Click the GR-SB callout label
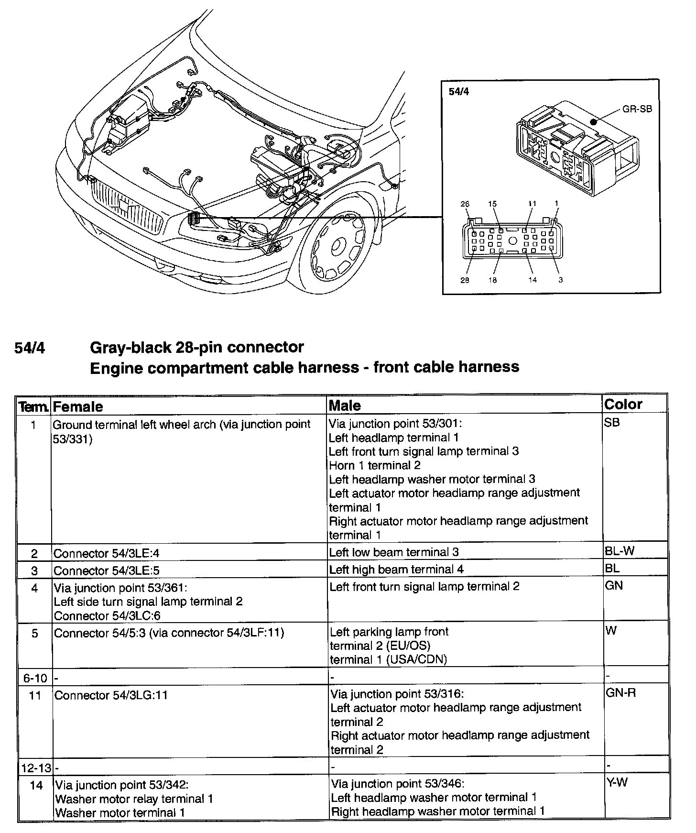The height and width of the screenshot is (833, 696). click(x=637, y=109)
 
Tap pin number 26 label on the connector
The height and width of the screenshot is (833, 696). click(x=465, y=204)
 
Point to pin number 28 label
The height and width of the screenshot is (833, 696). click(x=465, y=280)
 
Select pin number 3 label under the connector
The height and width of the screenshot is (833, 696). click(x=561, y=280)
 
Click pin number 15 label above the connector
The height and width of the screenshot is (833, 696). click(x=492, y=204)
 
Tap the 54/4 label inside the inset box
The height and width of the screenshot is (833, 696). click(x=459, y=91)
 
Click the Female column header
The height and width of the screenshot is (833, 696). click(x=78, y=407)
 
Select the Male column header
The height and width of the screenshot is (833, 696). click(x=345, y=406)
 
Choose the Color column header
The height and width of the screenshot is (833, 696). click(x=623, y=405)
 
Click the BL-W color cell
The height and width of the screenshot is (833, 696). click(x=620, y=551)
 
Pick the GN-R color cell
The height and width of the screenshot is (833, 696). click(x=620, y=692)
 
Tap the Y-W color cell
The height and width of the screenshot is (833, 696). click(x=617, y=782)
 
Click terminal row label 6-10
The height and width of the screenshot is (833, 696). click(x=35, y=678)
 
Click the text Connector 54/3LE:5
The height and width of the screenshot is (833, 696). click(x=106, y=571)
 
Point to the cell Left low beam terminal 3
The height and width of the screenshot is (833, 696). click(x=394, y=552)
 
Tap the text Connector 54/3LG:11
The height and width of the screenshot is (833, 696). click(x=111, y=695)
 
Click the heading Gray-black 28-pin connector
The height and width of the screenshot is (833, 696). click(x=197, y=347)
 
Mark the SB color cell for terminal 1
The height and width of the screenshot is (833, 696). click(x=612, y=423)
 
